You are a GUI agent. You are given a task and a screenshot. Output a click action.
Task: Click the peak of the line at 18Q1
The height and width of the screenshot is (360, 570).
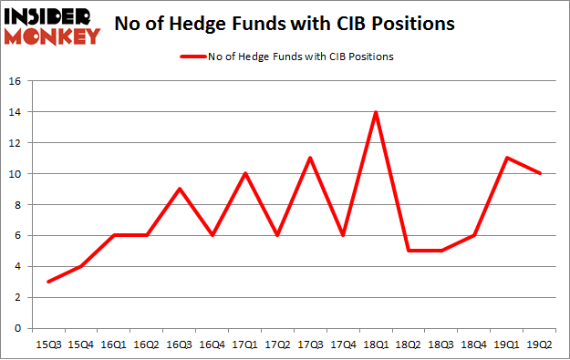[375, 112]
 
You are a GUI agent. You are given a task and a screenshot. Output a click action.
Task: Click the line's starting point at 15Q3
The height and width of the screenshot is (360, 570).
[48, 282]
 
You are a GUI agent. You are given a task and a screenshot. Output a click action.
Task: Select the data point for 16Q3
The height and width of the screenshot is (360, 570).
[180, 189]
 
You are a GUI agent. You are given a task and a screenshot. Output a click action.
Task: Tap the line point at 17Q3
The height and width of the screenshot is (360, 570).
[310, 158]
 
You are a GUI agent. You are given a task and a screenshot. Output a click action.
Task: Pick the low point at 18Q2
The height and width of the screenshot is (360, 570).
[408, 251]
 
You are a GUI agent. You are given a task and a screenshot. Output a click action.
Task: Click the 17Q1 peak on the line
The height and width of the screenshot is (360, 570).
[244, 173]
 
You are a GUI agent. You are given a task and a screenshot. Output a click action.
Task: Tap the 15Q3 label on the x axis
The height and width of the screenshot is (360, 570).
[48, 343]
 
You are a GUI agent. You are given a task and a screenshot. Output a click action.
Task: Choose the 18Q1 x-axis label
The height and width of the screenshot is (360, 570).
[375, 343]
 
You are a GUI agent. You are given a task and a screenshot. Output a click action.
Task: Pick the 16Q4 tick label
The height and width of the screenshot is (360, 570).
[212, 343]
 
